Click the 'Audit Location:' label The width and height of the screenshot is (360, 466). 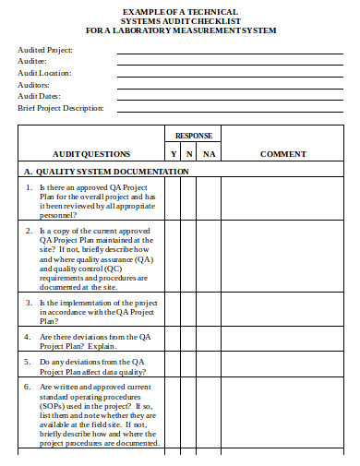click(x=44, y=72)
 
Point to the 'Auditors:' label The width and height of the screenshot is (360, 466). click(x=36, y=84)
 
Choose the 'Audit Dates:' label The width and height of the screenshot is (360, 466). click(x=40, y=95)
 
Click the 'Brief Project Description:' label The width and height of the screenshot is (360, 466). click(x=61, y=107)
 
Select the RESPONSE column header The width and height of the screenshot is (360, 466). click(x=194, y=136)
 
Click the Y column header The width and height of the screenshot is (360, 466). click(x=174, y=154)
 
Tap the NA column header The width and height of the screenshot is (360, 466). click(x=209, y=154)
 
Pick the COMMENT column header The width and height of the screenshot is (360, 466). click(x=282, y=154)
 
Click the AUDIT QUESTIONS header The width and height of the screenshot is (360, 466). click(x=91, y=154)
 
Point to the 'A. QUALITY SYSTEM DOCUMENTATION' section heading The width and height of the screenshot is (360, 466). click(x=106, y=172)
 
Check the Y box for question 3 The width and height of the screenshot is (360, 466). click(x=174, y=313)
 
